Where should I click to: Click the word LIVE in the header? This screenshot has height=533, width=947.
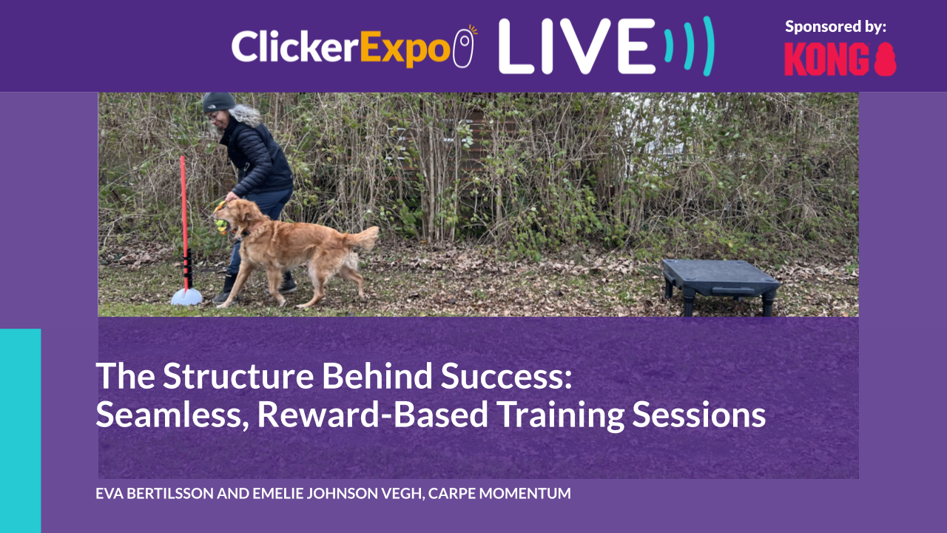(577, 46)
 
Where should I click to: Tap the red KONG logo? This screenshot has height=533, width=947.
(840, 59)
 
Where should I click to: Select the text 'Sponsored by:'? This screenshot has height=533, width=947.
(835, 27)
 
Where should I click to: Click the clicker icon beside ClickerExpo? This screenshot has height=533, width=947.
(464, 47)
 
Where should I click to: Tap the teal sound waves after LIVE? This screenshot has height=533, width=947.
(689, 46)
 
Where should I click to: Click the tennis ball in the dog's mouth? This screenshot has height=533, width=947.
(221, 226)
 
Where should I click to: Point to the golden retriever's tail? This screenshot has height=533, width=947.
(363, 238)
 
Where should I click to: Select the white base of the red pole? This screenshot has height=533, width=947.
(186, 297)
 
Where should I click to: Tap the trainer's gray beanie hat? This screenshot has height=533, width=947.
(218, 102)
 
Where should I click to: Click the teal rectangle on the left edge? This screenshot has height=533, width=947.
(20, 429)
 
